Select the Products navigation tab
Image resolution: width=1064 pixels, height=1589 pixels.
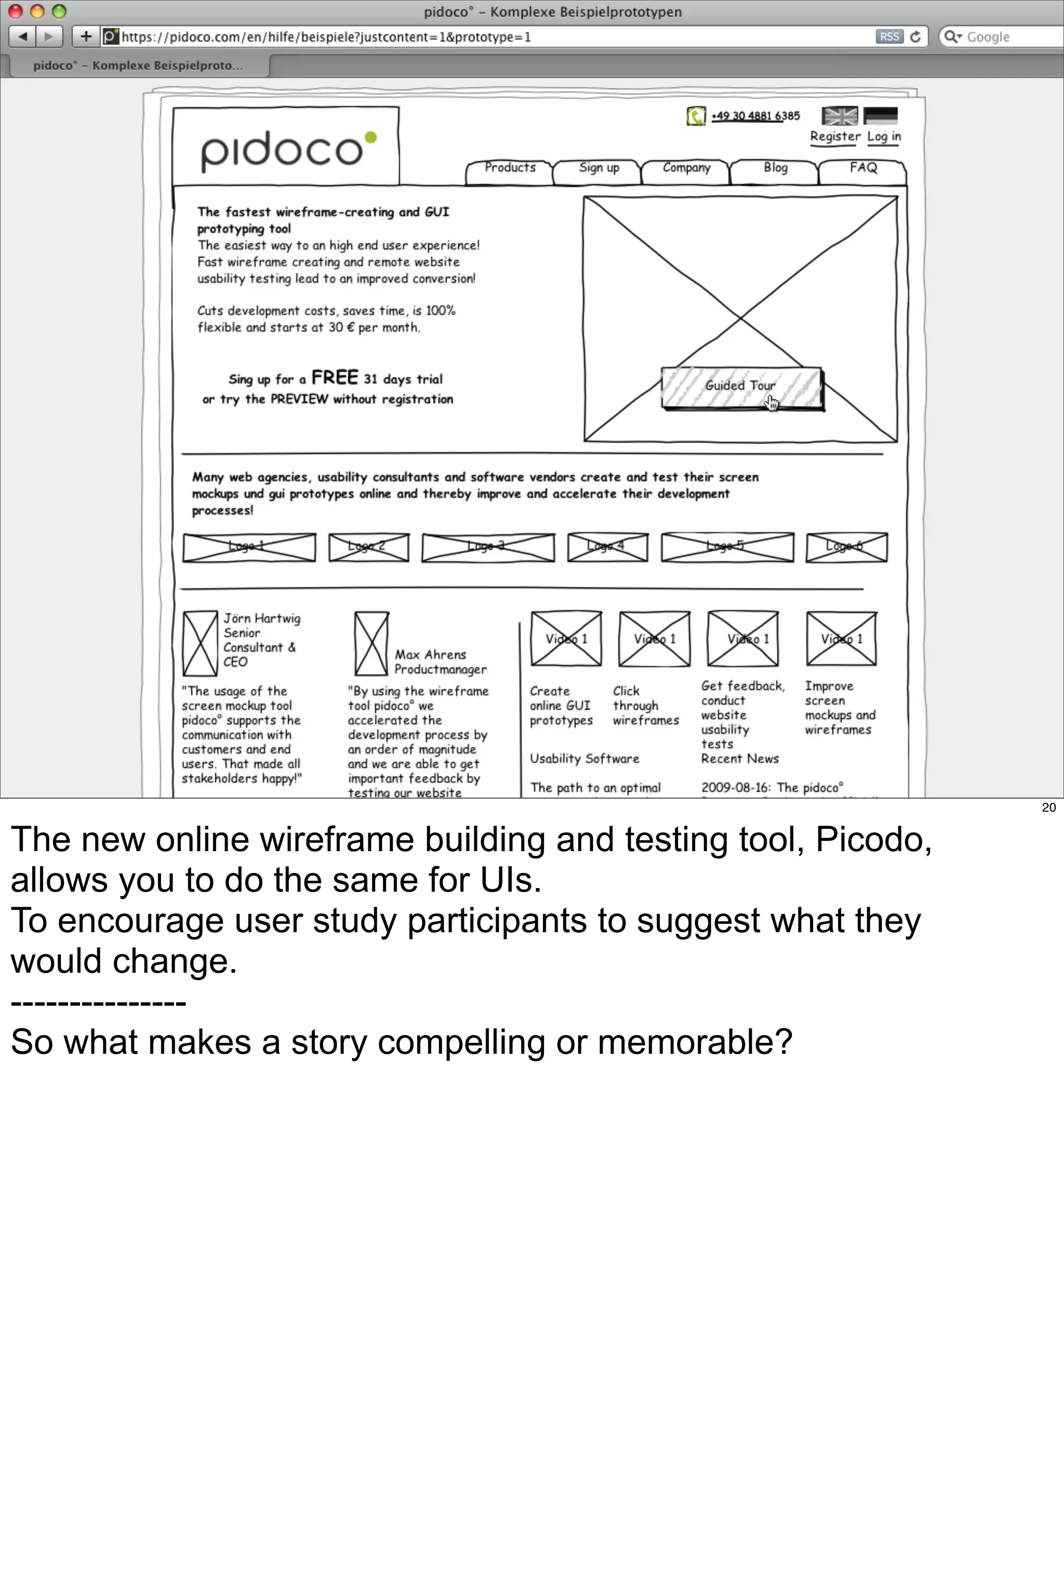[510, 169]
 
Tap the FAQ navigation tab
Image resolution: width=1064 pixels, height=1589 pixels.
[862, 169]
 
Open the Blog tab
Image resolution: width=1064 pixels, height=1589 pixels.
[775, 169]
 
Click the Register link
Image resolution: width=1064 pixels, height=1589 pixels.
[835, 136]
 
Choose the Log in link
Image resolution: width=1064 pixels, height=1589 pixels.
[884, 136]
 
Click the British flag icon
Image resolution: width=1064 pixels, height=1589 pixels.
[840, 116]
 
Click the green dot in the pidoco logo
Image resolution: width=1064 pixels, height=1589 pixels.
[370, 138]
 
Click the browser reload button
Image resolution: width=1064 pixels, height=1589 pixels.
[915, 37]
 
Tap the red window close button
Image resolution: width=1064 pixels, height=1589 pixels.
[15, 11]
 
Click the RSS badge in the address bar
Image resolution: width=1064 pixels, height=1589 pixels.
[889, 37]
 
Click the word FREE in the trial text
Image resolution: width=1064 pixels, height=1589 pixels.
[335, 378]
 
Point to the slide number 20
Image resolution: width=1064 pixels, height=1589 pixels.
[1048, 807]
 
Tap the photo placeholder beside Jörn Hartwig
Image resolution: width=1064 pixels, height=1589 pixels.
[199, 643]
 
